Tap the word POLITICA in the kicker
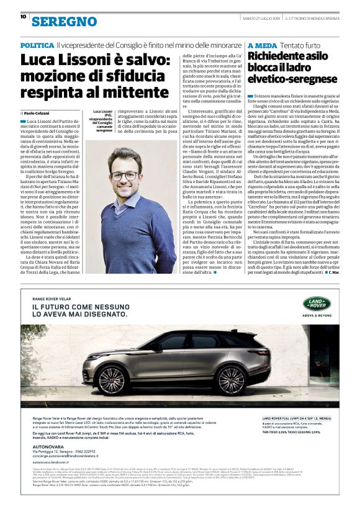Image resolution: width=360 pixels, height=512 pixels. click(37, 46)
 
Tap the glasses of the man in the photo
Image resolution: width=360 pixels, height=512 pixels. click(125, 176)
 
